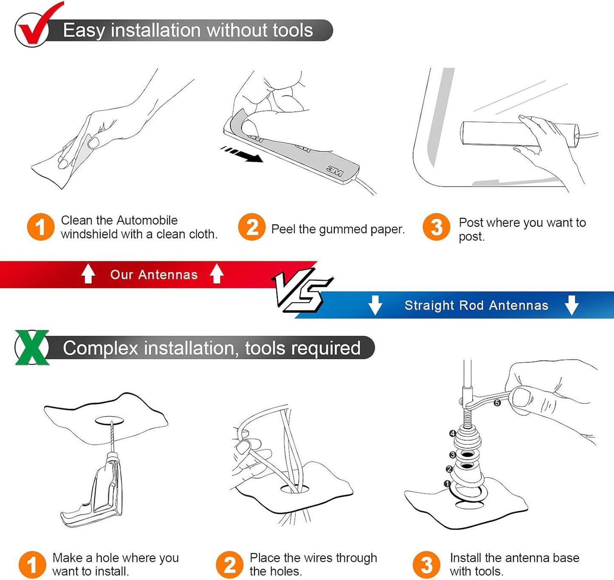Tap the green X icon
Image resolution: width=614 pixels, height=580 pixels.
click(x=32, y=347)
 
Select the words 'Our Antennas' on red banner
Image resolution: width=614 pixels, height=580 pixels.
click(x=154, y=275)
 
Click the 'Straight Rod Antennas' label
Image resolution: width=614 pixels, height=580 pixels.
click(x=476, y=305)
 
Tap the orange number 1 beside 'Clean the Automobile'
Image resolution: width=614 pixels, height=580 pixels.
click(x=41, y=227)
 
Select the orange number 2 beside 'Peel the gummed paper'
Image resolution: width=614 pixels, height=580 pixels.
click(x=252, y=227)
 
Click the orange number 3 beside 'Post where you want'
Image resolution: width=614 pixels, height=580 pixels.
click(x=436, y=227)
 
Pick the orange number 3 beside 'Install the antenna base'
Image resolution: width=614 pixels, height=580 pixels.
click(x=426, y=565)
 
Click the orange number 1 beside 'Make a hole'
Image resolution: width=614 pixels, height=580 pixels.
click(x=32, y=565)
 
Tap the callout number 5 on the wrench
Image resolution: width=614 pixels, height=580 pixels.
click(x=497, y=403)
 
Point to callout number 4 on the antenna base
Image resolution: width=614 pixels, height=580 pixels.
click(x=453, y=433)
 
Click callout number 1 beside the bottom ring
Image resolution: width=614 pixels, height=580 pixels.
click(x=447, y=484)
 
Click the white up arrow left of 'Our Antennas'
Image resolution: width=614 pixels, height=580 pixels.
click(x=88, y=273)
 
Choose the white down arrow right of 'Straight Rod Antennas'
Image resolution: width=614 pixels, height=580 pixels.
click(x=572, y=305)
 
